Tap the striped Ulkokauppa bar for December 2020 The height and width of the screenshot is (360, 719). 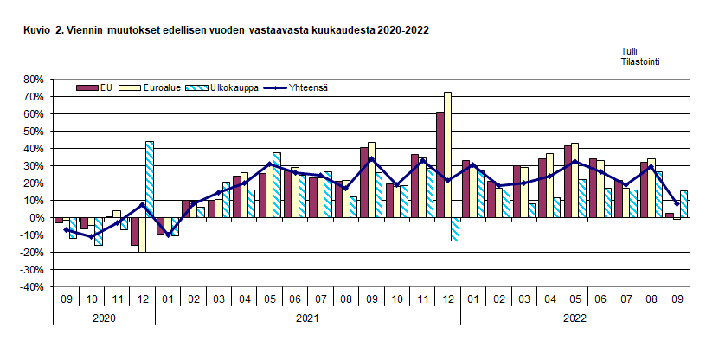point(150,179)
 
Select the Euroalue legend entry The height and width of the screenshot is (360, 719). point(155,87)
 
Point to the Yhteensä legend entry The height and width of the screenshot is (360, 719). point(296,87)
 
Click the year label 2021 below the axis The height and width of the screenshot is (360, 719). point(307,318)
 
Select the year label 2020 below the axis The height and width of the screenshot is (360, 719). point(104,318)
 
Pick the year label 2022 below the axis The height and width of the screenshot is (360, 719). point(575,318)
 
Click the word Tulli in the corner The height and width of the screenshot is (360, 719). point(629,52)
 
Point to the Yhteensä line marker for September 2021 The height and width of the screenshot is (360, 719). point(371,158)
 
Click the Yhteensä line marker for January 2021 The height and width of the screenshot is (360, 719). point(168,235)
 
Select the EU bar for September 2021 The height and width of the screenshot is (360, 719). point(363,183)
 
